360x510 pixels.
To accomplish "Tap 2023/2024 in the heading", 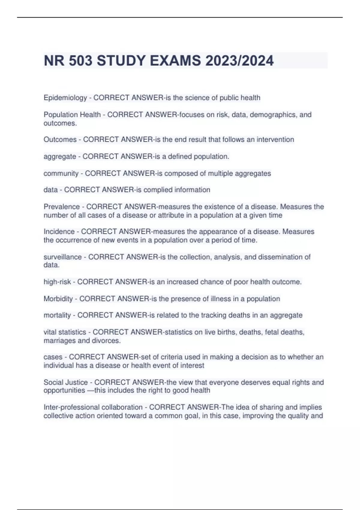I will click(239, 61).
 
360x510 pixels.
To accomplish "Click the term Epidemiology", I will click(65, 98).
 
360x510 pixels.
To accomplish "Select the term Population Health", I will click(72, 115).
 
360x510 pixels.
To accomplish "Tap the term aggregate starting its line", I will click(60, 157).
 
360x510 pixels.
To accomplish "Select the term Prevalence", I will click(61, 207).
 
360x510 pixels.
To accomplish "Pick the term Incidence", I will click(59, 232).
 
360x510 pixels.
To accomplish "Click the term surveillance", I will click(62, 257).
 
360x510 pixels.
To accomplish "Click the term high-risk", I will click(57, 282).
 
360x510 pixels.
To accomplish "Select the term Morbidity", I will click(58, 299).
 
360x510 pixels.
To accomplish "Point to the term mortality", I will click(57, 315).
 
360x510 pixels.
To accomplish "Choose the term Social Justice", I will click(66, 382).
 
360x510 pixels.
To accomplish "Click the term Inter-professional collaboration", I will click(93, 407).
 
